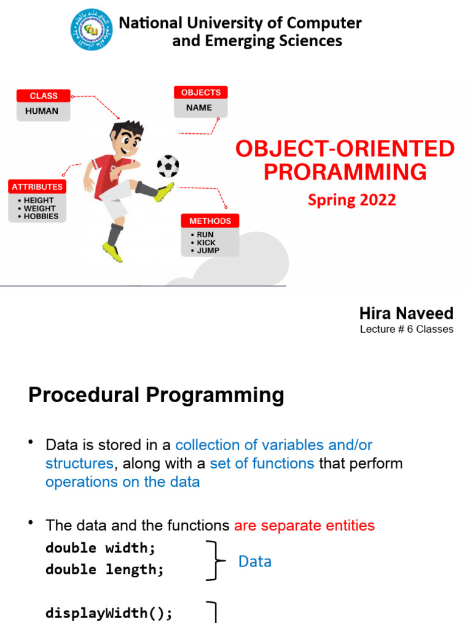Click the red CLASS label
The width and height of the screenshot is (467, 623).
[44, 96]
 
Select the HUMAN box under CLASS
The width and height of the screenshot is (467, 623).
[42, 111]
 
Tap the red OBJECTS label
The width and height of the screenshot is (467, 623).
[201, 92]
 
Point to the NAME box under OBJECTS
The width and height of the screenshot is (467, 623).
[199, 108]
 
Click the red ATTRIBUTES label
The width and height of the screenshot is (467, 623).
[37, 187]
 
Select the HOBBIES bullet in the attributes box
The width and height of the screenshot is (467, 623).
[41, 216]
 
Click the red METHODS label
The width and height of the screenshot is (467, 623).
[210, 221]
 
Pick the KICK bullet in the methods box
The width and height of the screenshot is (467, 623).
[206, 242]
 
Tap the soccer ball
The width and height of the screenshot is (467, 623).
[168, 165]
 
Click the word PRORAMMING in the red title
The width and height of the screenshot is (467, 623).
[345, 172]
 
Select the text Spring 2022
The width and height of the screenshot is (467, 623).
[351, 200]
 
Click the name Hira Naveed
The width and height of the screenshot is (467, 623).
[406, 313]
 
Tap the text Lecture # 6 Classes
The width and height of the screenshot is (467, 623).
[406, 329]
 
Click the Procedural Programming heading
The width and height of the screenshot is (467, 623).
[156, 395]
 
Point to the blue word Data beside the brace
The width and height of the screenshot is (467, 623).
[254, 561]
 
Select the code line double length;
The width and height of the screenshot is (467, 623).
[105, 569]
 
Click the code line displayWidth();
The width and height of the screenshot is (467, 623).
[109, 613]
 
